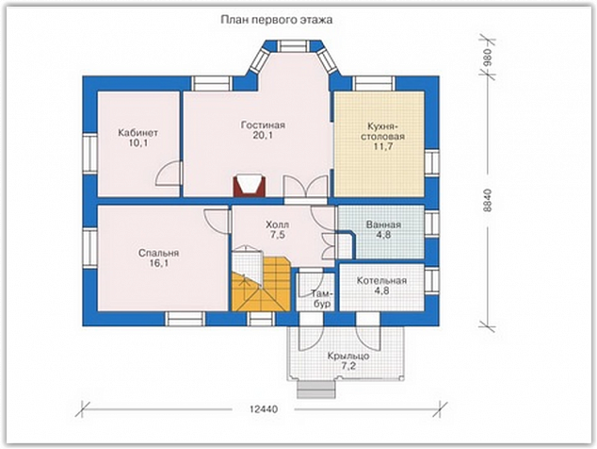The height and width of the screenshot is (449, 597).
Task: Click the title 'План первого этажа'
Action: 277,20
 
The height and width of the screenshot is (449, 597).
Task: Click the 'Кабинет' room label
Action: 137,133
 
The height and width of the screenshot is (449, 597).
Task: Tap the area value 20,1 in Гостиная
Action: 263,136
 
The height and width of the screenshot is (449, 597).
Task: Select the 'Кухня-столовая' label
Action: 382,131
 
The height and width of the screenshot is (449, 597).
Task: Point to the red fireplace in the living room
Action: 250,186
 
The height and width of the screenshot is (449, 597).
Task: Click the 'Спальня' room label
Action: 158,254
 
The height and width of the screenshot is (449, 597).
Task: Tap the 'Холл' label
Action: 277,224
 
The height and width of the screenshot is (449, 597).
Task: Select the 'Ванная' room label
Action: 384,224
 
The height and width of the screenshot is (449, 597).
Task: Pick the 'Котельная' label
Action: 381,281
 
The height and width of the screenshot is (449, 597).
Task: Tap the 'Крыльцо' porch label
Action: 348,357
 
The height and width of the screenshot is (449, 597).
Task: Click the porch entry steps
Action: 316,389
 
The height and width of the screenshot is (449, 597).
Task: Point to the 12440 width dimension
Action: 264,409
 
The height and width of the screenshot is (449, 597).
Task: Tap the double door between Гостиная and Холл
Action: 306,188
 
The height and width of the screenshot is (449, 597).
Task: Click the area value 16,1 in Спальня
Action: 159,263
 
